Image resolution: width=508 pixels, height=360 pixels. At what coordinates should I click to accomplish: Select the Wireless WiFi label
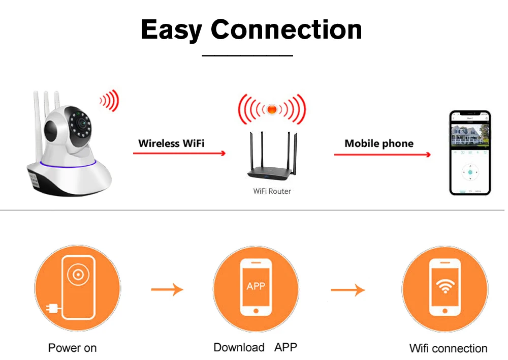(x=171, y=143)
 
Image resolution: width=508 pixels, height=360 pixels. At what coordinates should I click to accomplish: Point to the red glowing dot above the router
(x=272, y=108)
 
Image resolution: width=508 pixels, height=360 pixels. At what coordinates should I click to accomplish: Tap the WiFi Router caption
(x=272, y=191)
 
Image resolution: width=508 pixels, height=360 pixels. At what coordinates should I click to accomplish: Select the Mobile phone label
(x=379, y=143)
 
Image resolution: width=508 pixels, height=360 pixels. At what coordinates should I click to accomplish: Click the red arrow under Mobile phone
(x=382, y=154)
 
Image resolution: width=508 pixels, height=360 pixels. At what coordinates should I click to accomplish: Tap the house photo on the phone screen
(x=470, y=135)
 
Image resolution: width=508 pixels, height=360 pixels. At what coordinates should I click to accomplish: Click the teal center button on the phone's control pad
(x=470, y=172)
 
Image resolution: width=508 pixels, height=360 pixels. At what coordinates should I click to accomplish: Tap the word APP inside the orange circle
(x=256, y=286)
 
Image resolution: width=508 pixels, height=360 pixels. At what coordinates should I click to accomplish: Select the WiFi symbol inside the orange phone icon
(x=445, y=286)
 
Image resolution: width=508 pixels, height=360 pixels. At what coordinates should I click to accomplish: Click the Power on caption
(x=72, y=348)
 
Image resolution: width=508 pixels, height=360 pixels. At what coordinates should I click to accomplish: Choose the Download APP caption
(x=255, y=348)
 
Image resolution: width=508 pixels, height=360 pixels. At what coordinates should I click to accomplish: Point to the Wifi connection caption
(x=448, y=349)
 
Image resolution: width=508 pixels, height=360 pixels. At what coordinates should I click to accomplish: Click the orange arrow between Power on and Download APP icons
(x=167, y=290)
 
